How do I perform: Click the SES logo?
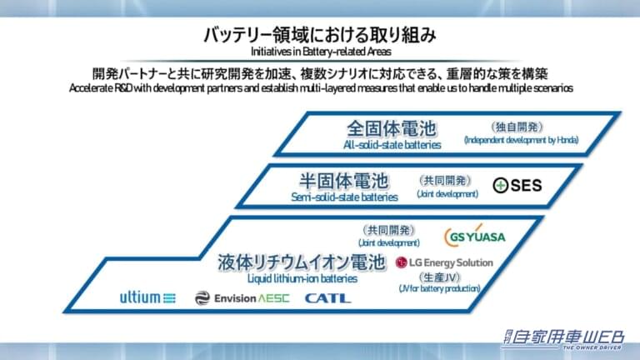pos(517,185)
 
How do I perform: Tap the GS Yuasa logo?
pos(475,236)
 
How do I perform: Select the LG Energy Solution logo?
pos(444,262)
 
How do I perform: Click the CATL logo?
pos(327,298)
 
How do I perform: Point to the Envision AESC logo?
pos(242,298)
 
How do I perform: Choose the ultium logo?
pos(147,297)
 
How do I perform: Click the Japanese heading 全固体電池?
pos(392,128)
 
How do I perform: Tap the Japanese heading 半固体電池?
pos(343,181)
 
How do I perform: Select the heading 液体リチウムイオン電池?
pos(302,262)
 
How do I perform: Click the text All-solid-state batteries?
pos(392,145)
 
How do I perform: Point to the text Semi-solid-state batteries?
pos(344,197)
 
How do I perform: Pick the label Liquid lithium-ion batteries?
pos(302,279)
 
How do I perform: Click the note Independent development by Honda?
pos(521,140)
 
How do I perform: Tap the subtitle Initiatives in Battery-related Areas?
pos(321,52)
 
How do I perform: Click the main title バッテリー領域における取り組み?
pos(320,35)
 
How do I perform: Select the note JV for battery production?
pos(440,288)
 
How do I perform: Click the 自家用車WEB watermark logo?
pos(563,339)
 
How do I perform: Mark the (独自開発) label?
pos(517,127)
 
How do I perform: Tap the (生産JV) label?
pos(440,277)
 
